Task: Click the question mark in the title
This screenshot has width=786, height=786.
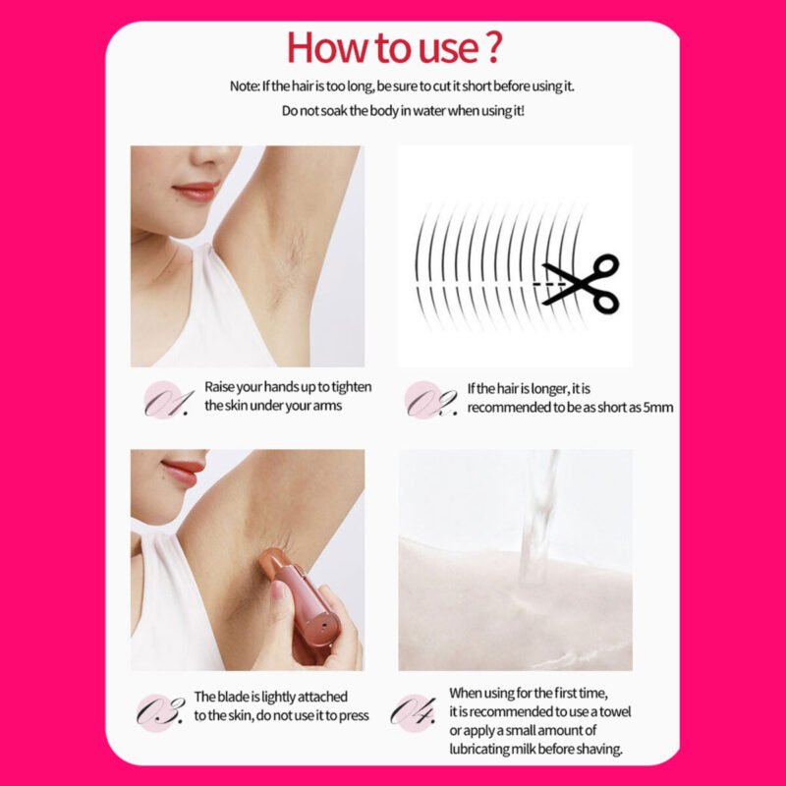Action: [493, 46]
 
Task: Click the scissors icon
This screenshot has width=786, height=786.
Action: [581, 284]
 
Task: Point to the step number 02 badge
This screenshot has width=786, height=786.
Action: [430, 400]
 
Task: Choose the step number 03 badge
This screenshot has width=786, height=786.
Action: [160, 712]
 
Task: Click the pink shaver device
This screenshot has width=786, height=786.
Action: [303, 597]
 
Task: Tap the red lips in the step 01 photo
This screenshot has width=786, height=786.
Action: [196, 192]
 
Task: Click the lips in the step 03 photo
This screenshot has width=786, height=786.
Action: [184, 473]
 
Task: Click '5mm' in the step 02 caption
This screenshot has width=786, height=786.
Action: [658, 407]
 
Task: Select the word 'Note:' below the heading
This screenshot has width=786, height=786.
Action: [245, 86]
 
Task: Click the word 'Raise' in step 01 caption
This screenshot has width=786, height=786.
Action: [219, 387]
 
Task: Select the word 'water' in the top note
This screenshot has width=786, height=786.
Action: [429, 111]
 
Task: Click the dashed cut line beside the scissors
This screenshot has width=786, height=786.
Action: [549, 284]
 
